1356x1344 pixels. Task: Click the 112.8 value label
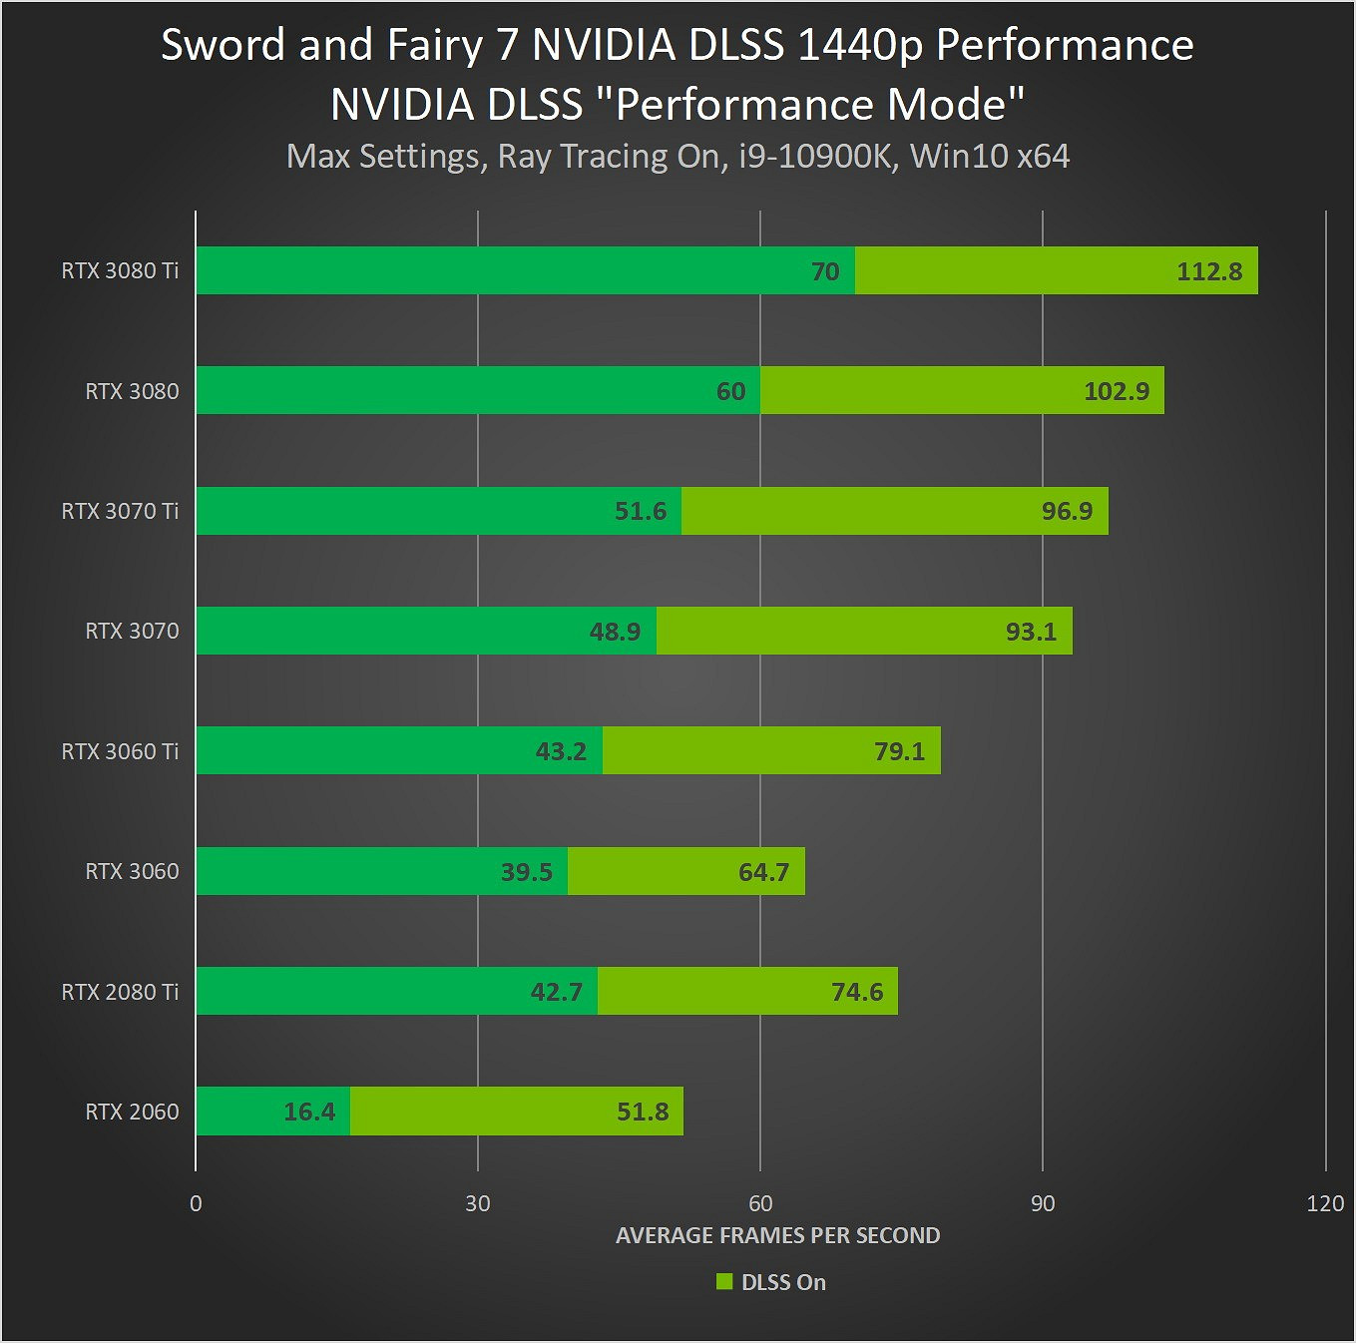pos(1209,271)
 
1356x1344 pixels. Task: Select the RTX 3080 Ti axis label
pos(120,270)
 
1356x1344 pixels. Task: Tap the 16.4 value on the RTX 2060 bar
pos(309,1112)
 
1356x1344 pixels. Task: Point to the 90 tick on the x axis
pos(1043,1203)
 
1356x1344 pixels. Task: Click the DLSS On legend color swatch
pos(724,1282)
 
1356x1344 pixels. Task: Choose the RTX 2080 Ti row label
pos(120,992)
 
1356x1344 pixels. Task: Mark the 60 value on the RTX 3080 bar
pos(730,391)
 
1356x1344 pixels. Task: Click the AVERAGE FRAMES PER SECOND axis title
pos(777,1235)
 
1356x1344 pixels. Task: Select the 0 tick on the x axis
pos(196,1203)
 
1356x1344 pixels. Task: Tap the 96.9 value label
pos(1067,511)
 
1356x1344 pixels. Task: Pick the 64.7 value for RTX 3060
pos(763,872)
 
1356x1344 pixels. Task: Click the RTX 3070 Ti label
pos(120,511)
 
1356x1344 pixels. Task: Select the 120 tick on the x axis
pos(1325,1203)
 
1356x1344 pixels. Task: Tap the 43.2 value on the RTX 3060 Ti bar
pos(561,751)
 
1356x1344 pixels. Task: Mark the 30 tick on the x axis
pos(478,1203)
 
